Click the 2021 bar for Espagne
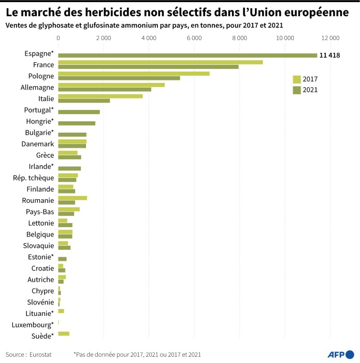(188, 55)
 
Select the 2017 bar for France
(161, 62)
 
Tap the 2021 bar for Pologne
(119, 78)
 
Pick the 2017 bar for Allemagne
(111, 85)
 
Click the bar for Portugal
(79, 112)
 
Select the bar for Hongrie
(77, 123)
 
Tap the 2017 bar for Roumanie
(73, 198)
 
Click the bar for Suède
(64, 333)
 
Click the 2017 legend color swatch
(297, 79)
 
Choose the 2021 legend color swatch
(297, 90)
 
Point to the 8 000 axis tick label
(240, 37)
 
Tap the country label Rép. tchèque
(34, 178)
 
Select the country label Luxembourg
(32, 325)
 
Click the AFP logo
(339, 354)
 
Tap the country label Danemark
(38, 144)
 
